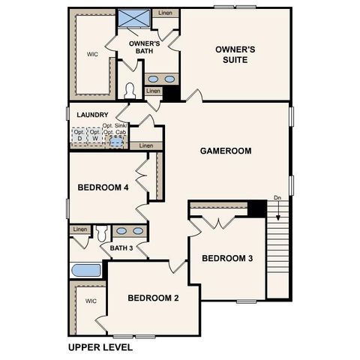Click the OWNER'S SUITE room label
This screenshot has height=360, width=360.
235,55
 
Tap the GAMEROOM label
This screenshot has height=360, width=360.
225,151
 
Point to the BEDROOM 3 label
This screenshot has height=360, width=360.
227,259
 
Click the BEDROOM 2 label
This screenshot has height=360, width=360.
153,298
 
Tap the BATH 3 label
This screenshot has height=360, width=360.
121,248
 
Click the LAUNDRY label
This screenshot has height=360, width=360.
91,115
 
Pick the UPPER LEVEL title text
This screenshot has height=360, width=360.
100,347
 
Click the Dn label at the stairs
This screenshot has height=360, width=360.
277,198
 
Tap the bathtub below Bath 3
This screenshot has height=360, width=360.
85,270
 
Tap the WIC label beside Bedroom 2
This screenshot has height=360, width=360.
91,301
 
